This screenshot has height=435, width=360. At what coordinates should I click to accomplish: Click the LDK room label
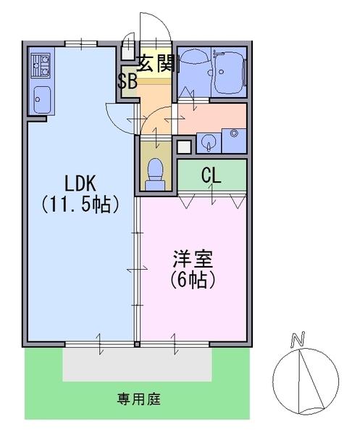click(x=80, y=183)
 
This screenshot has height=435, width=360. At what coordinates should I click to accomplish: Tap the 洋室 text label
click(x=193, y=259)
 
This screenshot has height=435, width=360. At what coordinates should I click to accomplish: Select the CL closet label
click(x=212, y=175)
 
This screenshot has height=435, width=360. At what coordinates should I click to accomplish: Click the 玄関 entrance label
click(x=156, y=63)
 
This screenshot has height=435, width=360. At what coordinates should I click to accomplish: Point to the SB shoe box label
click(x=127, y=81)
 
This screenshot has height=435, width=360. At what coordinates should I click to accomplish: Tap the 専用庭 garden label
click(x=138, y=399)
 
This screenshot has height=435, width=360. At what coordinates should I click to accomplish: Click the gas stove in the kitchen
click(x=41, y=66)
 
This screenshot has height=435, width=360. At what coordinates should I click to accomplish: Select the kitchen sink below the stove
click(x=42, y=100)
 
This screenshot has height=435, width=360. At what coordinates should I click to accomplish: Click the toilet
click(x=156, y=175)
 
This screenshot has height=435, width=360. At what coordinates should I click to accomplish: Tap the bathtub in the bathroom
click(x=229, y=72)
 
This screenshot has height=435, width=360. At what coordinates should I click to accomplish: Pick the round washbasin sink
click(x=209, y=143)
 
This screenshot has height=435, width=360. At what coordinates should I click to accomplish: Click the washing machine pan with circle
click(x=234, y=141)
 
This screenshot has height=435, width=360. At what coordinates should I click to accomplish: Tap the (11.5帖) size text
click(x=80, y=204)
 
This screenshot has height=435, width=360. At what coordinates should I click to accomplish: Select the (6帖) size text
click(x=193, y=280)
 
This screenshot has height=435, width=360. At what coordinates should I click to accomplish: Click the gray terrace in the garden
click(x=137, y=364)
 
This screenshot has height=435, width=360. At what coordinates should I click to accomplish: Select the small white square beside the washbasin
click(x=184, y=147)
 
